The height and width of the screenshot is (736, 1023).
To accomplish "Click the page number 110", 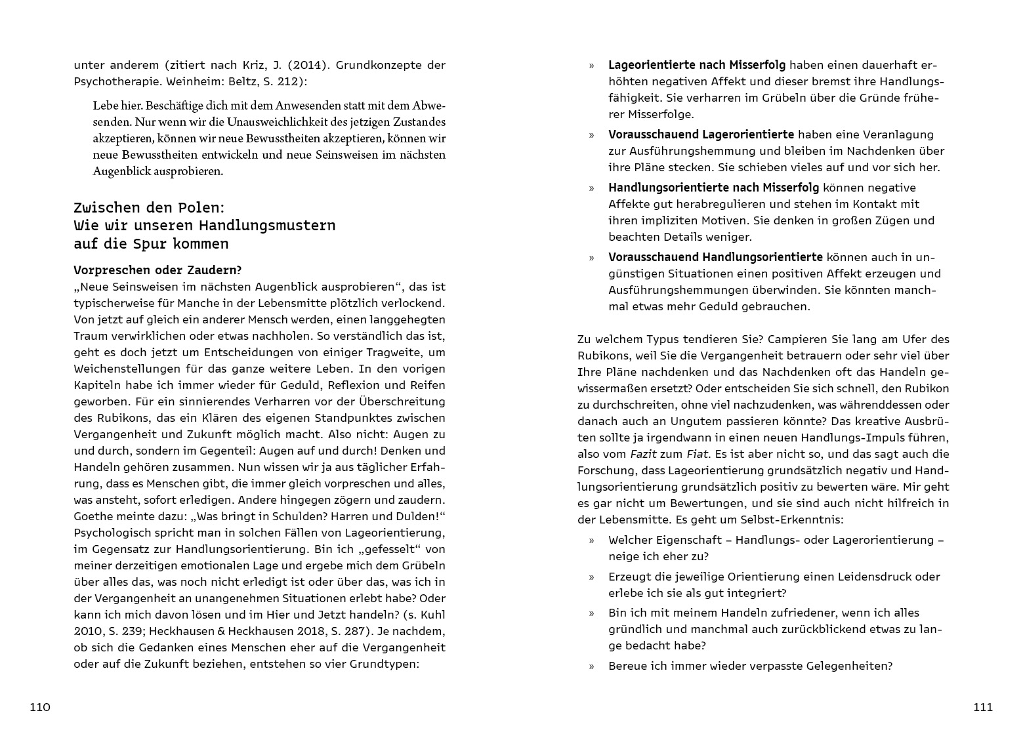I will [x=40, y=707].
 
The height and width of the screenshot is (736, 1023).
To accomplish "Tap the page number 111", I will [x=983, y=707].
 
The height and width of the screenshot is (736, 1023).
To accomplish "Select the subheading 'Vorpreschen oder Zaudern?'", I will [x=157, y=270].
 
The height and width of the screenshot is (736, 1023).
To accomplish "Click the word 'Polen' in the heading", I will [x=199, y=208].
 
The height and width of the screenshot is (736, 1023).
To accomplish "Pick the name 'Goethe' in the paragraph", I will [x=93, y=516].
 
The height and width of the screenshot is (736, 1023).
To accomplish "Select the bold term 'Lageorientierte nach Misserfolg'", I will [x=696, y=65].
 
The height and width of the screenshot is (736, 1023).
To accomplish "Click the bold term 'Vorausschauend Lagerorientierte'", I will [x=701, y=134].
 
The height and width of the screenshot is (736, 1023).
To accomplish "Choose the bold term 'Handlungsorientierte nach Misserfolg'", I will [x=713, y=188].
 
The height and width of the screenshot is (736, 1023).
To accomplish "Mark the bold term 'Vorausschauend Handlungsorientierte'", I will [x=715, y=257].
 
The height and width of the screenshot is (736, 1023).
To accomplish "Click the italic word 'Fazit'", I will [x=644, y=454].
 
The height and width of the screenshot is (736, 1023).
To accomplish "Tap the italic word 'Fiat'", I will [x=698, y=454].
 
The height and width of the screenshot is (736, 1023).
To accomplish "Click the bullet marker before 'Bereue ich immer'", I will [x=591, y=666].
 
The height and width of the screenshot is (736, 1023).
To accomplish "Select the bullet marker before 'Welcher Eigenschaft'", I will [x=591, y=541].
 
